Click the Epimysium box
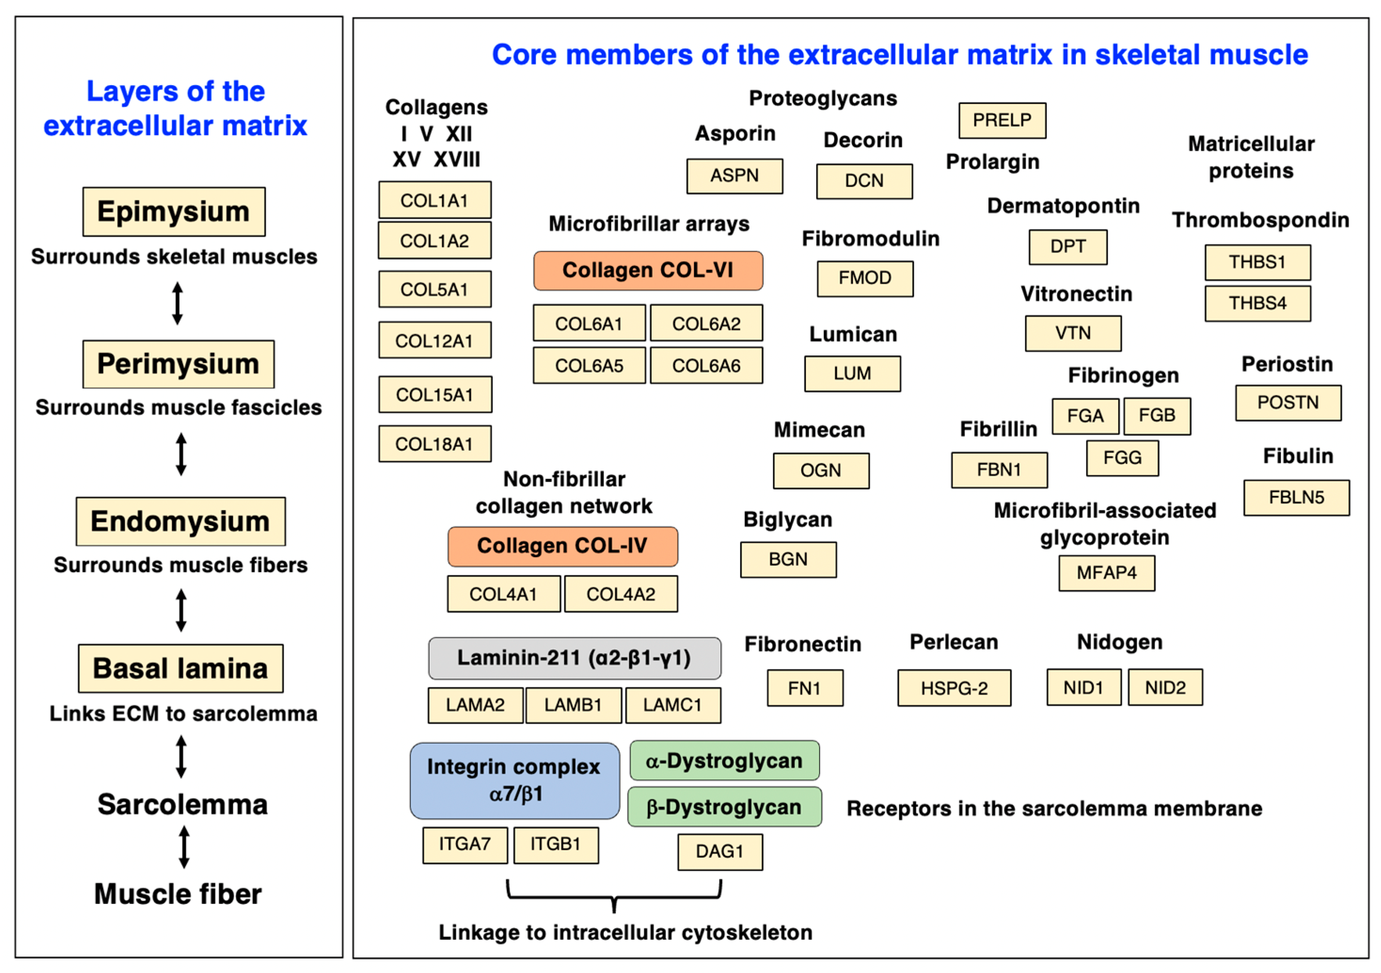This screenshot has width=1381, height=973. click(174, 212)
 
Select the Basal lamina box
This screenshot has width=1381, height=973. click(181, 669)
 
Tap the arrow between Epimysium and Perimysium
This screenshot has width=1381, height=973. click(177, 303)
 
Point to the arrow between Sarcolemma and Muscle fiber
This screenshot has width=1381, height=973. click(184, 846)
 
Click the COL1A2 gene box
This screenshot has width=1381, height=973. click(434, 241)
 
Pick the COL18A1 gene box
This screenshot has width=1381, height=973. click(434, 444)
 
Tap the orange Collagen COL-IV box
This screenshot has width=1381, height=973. click(562, 546)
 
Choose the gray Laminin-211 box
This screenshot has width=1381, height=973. click(575, 658)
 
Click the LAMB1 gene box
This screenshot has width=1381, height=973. click(573, 705)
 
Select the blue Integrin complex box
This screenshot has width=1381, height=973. click(514, 781)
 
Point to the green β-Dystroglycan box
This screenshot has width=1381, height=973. click(724, 807)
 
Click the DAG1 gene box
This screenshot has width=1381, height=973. click(720, 852)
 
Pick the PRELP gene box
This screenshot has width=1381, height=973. click(1002, 120)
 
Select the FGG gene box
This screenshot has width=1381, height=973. click(1122, 458)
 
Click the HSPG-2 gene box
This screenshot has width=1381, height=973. click(954, 688)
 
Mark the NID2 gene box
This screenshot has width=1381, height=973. click(1165, 687)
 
